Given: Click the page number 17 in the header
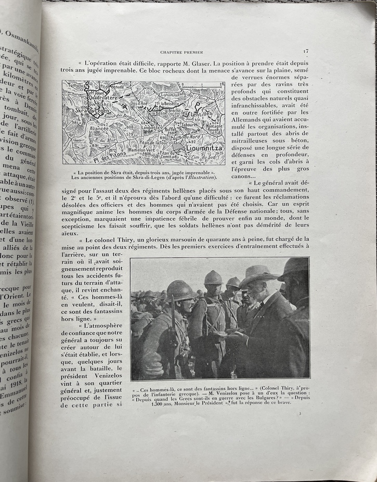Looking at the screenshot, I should point(306,51).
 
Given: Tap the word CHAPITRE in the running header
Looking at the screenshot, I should point(172,53).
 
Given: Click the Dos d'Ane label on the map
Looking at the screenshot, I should point(136,103).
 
